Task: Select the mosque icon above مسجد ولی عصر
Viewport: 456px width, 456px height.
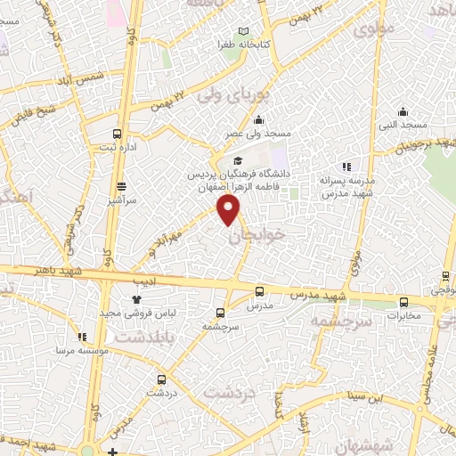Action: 258,121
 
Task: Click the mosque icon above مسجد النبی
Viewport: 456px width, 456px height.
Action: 403,112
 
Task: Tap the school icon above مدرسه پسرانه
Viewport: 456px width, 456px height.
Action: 347,166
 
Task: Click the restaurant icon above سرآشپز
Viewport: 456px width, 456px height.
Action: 121,184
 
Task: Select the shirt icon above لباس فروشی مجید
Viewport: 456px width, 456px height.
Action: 136,300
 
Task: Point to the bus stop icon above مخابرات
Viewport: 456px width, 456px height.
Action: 403,301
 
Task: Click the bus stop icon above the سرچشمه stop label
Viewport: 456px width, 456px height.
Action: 220,313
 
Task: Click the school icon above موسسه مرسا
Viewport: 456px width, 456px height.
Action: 82,338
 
